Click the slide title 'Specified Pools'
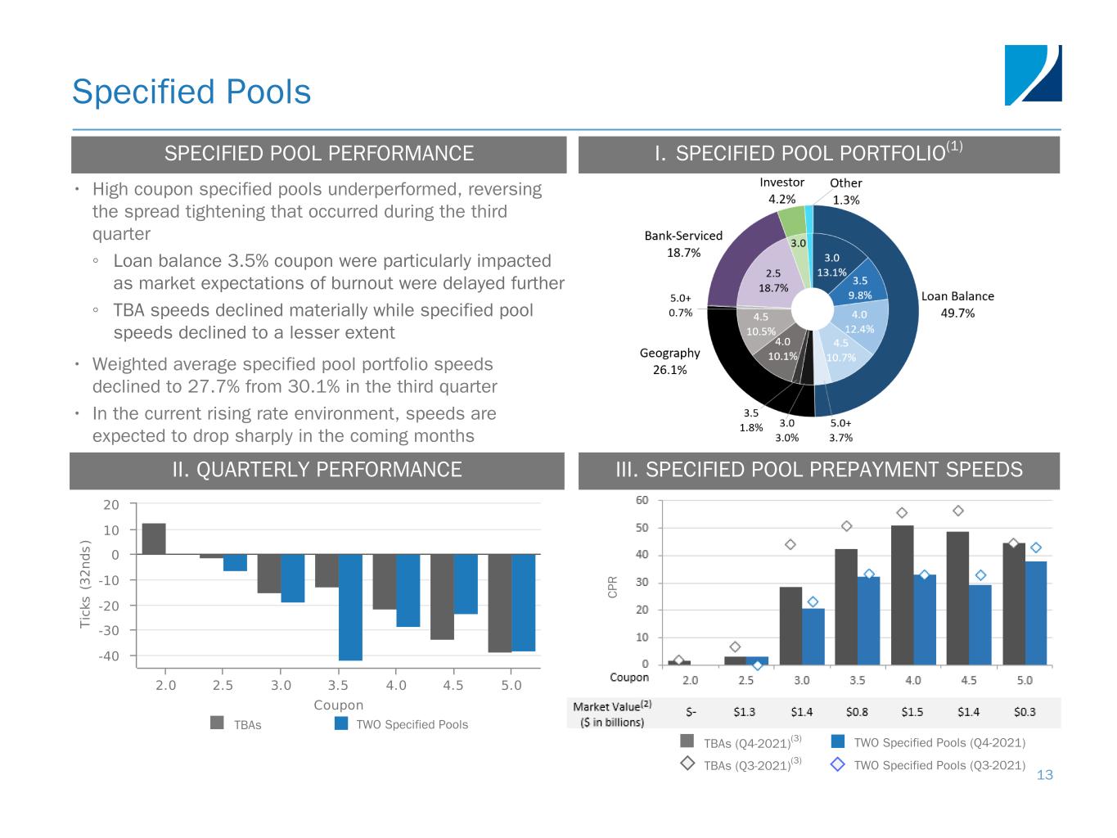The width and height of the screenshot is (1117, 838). [191, 92]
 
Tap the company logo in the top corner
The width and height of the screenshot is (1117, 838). [1033, 75]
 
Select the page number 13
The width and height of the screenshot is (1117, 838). [1045, 775]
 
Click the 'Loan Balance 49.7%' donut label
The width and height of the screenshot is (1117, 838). [957, 304]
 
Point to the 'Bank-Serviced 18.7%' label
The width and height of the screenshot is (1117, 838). [683, 244]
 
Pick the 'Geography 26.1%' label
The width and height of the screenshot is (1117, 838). [669, 361]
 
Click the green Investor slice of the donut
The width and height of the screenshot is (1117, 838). [791, 220]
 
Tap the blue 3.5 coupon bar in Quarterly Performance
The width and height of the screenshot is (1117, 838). [350, 606]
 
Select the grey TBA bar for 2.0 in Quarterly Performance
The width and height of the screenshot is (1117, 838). [154, 538]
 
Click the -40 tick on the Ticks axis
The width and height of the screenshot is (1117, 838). [110, 656]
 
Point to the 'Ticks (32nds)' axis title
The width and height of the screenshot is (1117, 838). [85, 583]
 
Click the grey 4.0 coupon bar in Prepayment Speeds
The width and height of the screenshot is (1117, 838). [902, 594]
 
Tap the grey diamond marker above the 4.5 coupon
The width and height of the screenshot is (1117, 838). [958, 511]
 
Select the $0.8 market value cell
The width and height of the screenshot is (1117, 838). [857, 712]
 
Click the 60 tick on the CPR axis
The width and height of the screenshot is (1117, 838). [642, 500]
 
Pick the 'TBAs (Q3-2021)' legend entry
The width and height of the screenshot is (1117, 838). [741, 765]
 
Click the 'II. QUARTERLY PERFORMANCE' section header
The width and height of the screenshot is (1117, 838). [317, 471]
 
